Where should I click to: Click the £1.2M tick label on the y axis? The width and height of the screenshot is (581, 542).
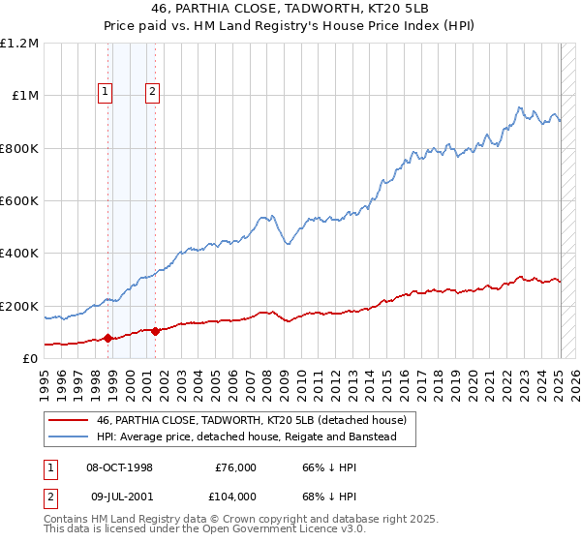pos(19,44)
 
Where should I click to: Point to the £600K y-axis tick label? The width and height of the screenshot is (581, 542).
pos(19,200)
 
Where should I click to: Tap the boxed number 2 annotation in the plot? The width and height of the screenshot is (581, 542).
pos(153,93)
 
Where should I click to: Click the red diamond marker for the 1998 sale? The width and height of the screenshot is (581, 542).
pos(107,339)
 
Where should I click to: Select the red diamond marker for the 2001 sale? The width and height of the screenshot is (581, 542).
pos(155,331)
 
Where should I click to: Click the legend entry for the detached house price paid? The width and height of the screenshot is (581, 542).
pos(257,420)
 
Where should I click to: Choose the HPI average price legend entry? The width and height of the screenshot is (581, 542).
pos(246,437)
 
